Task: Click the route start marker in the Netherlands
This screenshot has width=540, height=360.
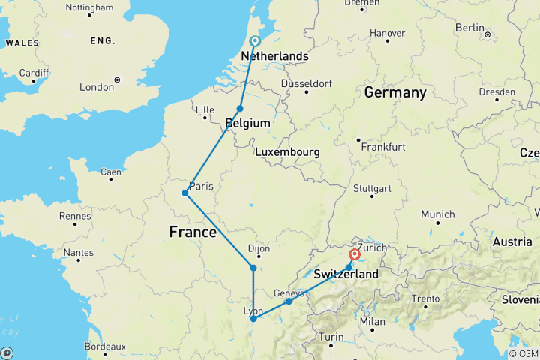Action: coord(255,42)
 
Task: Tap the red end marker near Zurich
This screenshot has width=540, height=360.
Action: coord(355,254)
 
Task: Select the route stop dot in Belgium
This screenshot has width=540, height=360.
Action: coord(240,109)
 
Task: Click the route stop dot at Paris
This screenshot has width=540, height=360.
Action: coord(184,193)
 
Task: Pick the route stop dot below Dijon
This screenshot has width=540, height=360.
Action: coord(253,268)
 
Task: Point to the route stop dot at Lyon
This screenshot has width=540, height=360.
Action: coord(253,319)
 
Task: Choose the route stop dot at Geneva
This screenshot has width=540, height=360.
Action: coord(289,301)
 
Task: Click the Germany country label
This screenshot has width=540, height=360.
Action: coord(394,93)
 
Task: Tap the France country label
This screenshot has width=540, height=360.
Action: coord(193,232)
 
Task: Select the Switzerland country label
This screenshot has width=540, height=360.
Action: coord(346,274)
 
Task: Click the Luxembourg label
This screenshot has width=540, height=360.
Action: coord(287,152)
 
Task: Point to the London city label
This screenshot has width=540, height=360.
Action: coord(97,87)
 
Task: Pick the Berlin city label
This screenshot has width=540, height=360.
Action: coord(469,28)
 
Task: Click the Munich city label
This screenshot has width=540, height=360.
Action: coord(437,214)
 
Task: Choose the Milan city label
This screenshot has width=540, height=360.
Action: coord(372,321)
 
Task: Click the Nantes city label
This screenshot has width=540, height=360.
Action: coord(73,253)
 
